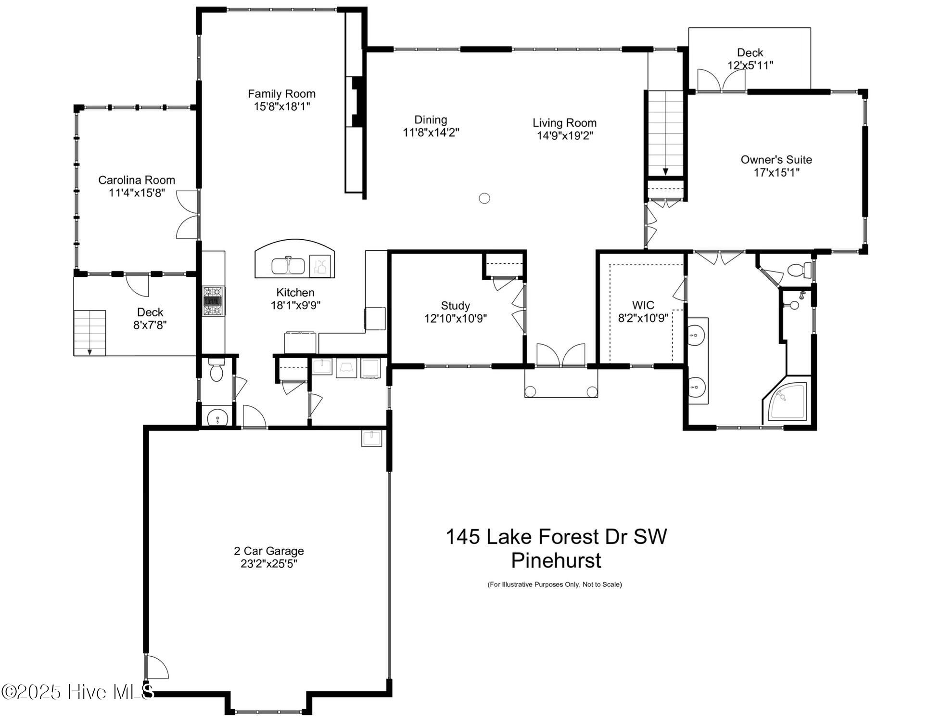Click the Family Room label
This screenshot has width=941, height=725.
point(281,94)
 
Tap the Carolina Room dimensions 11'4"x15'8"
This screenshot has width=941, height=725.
point(137,193)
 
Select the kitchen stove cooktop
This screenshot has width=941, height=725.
point(214,301)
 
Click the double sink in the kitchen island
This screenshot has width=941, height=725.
point(288,266)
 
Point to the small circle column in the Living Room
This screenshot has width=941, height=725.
point(484,198)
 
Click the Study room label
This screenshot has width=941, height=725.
point(455,306)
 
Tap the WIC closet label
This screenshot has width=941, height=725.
point(643,305)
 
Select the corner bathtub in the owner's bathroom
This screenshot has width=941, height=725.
point(788,402)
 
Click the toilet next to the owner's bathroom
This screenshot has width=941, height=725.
point(798,270)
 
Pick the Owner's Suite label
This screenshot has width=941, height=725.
point(776,160)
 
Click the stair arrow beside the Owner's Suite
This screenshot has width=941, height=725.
point(666,170)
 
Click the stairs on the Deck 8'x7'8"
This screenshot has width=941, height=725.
point(89,332)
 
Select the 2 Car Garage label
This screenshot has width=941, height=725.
point(269,551)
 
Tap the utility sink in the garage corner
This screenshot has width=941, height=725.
point(371,439)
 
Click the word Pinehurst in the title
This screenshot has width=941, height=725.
point(556,560)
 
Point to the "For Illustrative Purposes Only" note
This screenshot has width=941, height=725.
point(555,584)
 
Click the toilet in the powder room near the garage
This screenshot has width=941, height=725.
point(217,371)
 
